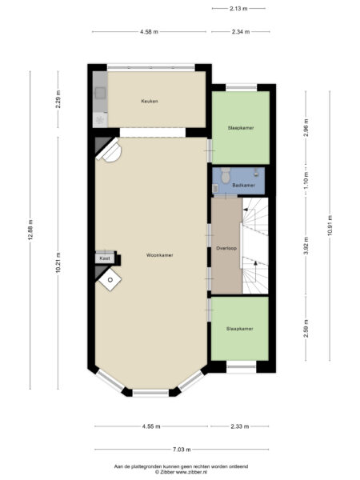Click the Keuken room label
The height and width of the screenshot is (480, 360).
(x=150, y=101)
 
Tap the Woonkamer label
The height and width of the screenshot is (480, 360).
(x=160, y=255)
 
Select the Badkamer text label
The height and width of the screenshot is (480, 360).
(x=243, y=185)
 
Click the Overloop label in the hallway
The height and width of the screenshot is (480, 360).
(x=226, y=248)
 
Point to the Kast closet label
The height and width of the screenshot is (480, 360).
(x=104, y=258)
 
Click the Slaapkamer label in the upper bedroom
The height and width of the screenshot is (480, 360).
(x=240, y=127)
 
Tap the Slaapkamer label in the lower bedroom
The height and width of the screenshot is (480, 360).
(x=239, y=328)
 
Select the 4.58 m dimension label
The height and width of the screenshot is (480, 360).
(x=149, y=32)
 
